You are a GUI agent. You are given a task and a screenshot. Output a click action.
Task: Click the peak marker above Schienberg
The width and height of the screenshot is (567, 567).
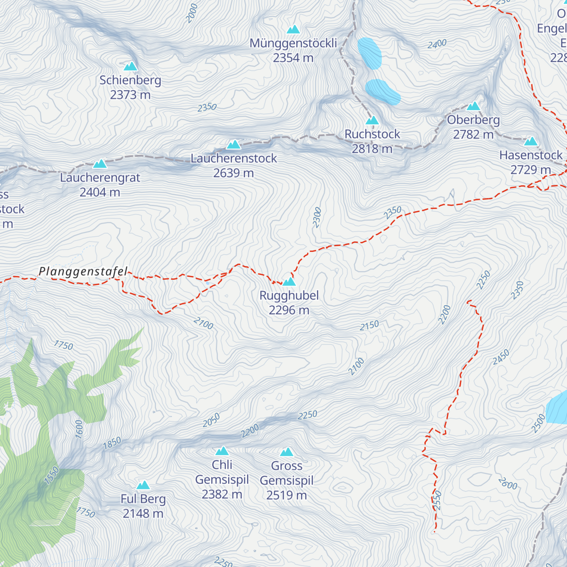(130, 66)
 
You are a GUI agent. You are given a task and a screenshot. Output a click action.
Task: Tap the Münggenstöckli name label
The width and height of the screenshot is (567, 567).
(293, 43)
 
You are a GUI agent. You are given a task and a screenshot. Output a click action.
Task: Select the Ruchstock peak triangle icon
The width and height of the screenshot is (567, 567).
(372, 120)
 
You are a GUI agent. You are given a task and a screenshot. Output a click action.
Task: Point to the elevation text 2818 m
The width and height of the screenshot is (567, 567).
(372, 149)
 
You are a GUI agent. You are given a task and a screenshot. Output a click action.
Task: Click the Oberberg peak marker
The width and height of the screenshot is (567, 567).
(473, 106)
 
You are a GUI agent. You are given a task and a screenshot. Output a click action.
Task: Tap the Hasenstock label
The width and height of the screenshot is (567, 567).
(531, 155)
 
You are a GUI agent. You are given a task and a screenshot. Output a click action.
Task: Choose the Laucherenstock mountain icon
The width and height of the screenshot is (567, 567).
(233, 145)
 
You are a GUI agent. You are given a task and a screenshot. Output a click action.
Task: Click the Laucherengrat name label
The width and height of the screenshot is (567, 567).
(100, 178)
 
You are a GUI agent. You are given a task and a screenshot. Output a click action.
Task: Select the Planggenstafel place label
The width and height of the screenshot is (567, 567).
(83, 272)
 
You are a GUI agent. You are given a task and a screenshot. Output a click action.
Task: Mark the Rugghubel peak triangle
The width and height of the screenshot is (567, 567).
(289, 282)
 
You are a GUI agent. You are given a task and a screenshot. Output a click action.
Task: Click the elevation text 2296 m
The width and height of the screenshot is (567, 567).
(289, 310)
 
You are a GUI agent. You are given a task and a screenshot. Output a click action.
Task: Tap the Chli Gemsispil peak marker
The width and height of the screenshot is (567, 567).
(222, 451)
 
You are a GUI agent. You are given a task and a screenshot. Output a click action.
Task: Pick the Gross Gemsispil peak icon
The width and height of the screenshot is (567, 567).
(287, 453)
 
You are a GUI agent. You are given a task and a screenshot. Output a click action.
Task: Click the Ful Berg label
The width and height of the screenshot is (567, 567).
(143, 499)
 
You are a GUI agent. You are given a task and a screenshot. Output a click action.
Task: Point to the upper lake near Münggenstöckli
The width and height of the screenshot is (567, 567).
(369, 53)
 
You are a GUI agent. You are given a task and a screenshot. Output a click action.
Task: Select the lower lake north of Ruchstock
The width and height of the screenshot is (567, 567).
(382, 91)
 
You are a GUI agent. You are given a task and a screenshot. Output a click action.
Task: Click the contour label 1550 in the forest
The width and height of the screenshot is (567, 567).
(52, 475)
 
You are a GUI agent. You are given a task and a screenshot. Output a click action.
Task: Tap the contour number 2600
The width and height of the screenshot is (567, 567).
(507, 483)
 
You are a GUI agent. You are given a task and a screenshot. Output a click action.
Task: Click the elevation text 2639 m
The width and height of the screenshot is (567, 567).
(233, 173)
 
